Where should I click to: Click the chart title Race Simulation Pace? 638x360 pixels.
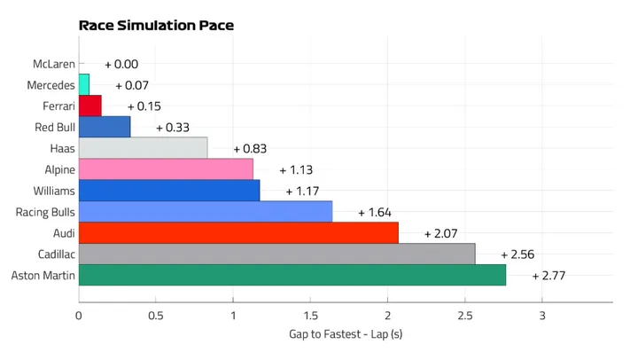(156, 25)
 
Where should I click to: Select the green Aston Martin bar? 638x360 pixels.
(292, 275)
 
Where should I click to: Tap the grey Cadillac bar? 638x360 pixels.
(276, 254)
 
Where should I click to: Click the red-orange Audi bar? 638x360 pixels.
(238, 232)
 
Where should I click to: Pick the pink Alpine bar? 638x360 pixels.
(166, 168)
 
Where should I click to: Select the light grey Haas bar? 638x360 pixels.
(143, 148)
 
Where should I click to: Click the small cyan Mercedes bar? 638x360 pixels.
(84, 84)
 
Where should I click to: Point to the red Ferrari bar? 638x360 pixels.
(90, 106)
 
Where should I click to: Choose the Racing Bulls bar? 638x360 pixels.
(206, 211)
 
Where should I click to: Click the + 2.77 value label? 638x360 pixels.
(549, 276)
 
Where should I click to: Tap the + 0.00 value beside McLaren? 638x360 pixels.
(121, 64)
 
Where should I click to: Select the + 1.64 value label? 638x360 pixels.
(374, 213)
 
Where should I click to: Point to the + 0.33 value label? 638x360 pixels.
(172, 128)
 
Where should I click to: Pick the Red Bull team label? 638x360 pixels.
(54, 127)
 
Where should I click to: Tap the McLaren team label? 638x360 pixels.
(54, 64)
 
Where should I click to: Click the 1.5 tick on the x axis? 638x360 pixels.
(310, 316)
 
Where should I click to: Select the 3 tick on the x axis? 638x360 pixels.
(541, 316)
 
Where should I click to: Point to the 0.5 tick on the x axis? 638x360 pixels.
(156, 316)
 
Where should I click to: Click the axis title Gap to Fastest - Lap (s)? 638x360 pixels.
(346, 334)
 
